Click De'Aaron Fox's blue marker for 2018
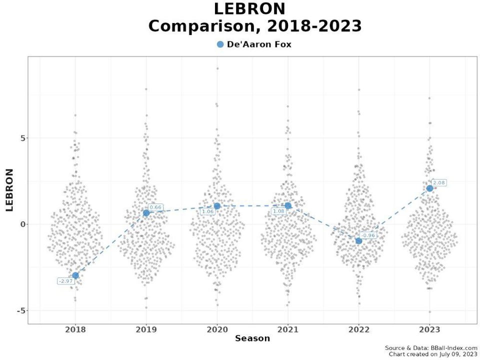coord(75,275)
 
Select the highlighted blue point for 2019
coord(146,212)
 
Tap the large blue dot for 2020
coord(217,206)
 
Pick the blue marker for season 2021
coord(288,205)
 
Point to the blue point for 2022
coord(358,241)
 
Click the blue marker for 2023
coord(429,188)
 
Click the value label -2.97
coord(66,281)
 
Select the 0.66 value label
coord(155,207)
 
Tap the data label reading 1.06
coord(207,212)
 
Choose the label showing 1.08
coord(278,212)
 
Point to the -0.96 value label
coord(368,235)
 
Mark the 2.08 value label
coord(439,182)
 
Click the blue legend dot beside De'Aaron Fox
coord(220,44)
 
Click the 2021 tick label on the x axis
coord(288,329)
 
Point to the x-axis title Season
coord(252,338)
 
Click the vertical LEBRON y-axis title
coord(9,190)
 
